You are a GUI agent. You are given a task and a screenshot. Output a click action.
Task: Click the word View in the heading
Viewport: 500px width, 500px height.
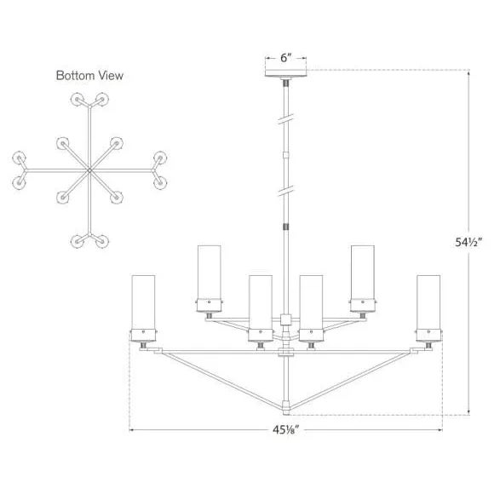pyautogui.click(x=111, y=76)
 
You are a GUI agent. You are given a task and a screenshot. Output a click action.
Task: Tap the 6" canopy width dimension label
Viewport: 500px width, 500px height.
pyautogui.click(x=286, y=59)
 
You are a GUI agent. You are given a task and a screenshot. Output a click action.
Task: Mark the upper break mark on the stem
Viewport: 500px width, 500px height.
pyautogui.click(x=286, y=118)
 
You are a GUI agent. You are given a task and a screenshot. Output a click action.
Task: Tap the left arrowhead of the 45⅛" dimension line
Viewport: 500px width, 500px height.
pyautogui.click(x=132, y=428)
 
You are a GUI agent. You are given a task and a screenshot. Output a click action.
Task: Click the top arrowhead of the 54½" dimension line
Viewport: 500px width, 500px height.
pyautogui.click(x=470, y=72)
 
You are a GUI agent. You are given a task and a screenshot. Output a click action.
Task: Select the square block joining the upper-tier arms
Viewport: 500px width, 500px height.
pyautogui.click(x=286, y=321)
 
